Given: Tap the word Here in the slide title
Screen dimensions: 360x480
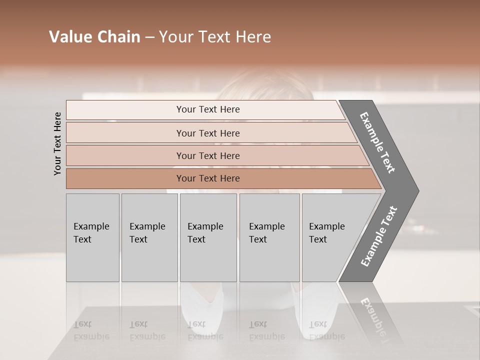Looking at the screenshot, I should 253,37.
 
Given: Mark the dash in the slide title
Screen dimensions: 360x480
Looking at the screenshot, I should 149,37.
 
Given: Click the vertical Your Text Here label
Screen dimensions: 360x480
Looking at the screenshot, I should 58,143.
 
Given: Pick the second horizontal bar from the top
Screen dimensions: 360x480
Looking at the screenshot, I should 207,133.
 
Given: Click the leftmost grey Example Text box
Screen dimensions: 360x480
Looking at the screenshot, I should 92,237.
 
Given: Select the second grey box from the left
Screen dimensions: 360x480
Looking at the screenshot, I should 149,237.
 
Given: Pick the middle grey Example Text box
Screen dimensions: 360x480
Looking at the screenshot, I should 208,237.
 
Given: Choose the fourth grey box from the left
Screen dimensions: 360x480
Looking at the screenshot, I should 269,237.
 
